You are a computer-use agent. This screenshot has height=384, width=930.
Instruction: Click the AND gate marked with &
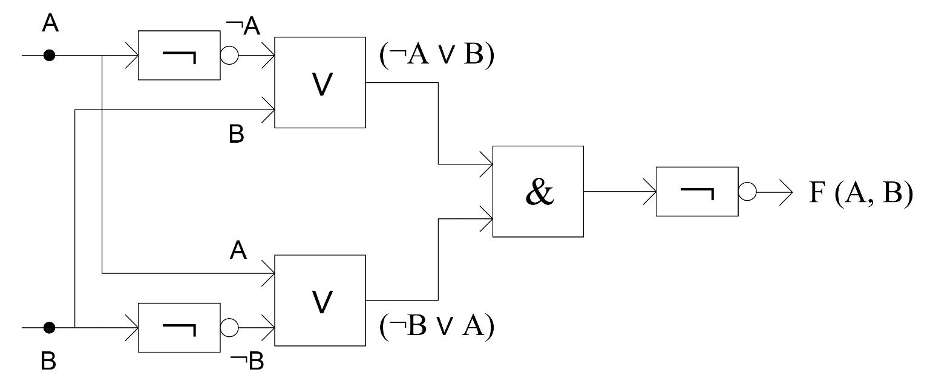coord(538,191)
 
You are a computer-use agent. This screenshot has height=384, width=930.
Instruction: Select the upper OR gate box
coord(320,82)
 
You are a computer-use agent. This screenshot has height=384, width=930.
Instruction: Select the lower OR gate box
coord(320,301)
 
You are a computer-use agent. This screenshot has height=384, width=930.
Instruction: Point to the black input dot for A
coord(50,56)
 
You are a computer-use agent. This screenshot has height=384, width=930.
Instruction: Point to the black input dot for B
coord(50,328)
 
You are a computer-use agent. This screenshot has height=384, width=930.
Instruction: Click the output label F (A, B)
coord(860,195)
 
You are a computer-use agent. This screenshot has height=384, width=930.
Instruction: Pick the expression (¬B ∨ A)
coord(436,328)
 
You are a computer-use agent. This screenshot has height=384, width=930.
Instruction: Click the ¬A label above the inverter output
coord(243,27)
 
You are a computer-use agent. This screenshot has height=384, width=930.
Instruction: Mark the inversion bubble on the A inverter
coord(229,56)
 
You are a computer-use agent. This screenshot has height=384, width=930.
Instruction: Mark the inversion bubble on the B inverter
coord(229,328)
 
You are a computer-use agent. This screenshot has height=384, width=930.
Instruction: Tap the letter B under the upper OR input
coord(236,134)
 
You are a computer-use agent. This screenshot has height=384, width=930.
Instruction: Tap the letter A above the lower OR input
coord(238,250)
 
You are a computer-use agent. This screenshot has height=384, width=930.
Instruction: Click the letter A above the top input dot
coord(51,24)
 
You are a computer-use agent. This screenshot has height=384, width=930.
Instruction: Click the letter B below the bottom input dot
coord(49,361)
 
